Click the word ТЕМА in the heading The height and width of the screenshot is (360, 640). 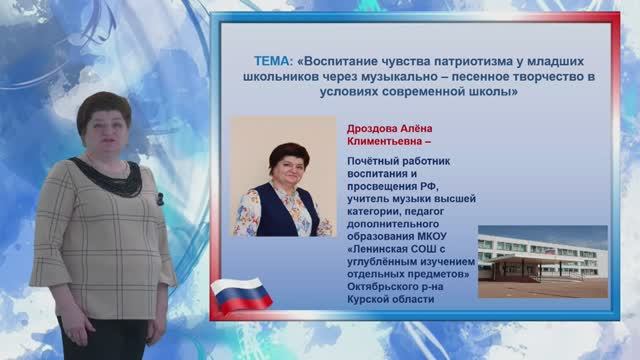tap(266, 61)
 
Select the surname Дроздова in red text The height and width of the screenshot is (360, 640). tap(373, 129)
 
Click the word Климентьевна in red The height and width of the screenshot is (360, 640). tap(383, 142)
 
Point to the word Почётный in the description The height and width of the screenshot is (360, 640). tap(373, 162)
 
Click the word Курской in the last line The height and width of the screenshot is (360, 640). tap(371, 298)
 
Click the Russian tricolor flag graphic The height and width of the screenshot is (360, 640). tap(242, 295)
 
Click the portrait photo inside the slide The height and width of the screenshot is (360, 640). tap(283, 178)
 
